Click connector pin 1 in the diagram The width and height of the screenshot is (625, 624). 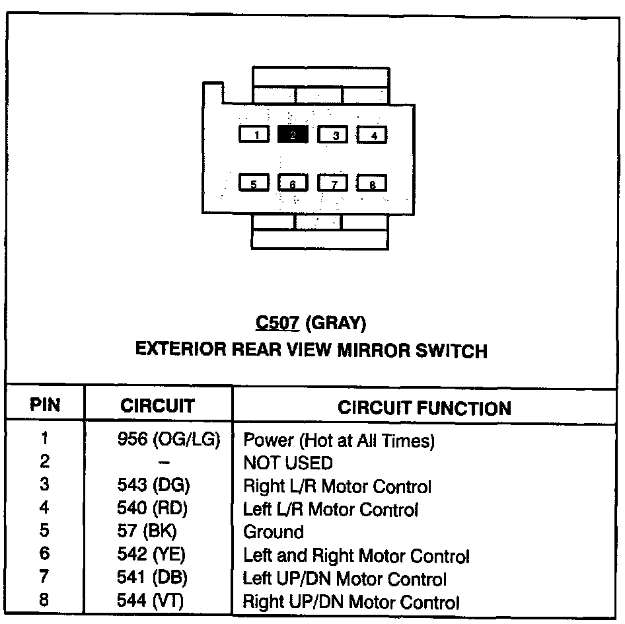254,135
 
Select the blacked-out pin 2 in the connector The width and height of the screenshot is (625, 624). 293,135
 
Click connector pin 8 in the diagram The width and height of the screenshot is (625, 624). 371,183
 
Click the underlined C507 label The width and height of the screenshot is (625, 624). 277,323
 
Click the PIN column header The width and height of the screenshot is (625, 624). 45,406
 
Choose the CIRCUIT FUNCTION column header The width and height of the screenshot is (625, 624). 424,407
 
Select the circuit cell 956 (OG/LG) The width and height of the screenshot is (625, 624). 168,439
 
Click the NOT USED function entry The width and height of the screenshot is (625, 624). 288,463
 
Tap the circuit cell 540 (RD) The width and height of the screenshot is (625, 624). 153,509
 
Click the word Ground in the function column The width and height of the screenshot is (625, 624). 274,532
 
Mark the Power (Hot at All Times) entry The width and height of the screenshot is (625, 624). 339,440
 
